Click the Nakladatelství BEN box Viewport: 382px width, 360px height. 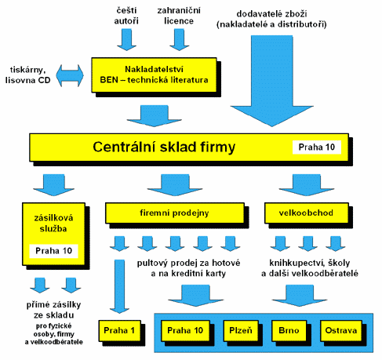pos(154,75)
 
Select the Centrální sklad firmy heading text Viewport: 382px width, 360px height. pos(164,147)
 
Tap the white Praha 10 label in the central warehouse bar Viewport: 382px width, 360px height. pos(317,147)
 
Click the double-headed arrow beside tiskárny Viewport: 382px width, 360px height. pos(70,75)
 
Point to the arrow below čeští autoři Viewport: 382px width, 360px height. pos(126,39)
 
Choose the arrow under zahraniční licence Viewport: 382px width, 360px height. pos(180,39)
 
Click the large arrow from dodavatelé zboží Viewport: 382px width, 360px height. pos(272,81)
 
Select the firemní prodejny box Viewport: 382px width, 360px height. pos(175,213)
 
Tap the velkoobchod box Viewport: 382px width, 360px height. pos(306,213)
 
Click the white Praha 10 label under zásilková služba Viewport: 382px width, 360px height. pos(53,251)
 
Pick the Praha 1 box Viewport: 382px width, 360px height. pos(120,331)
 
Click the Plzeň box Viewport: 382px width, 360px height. pos(241,331)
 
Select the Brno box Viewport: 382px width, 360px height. pos(289,331)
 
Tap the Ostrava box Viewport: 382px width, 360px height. pos(341,331)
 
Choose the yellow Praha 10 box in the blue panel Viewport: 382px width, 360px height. pos(185,331)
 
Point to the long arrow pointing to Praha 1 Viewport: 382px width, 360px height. pos(119,286)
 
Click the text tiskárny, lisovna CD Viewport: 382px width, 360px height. pos(27,75)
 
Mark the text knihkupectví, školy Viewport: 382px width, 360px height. pos(310,263)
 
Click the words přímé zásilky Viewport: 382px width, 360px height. pos(54,305)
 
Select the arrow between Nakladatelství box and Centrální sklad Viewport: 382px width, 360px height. pos(155,116)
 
